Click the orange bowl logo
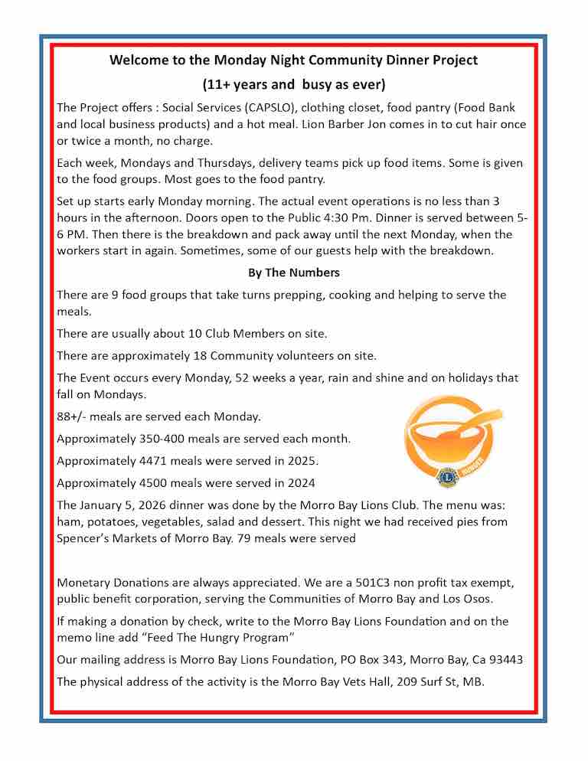(x=453, y=436)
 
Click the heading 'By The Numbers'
(x=293, y=273)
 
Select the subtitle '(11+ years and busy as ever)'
(x=293, y=83)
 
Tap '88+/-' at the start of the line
(x=73, y=416)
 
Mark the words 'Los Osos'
(x=468, y=599)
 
